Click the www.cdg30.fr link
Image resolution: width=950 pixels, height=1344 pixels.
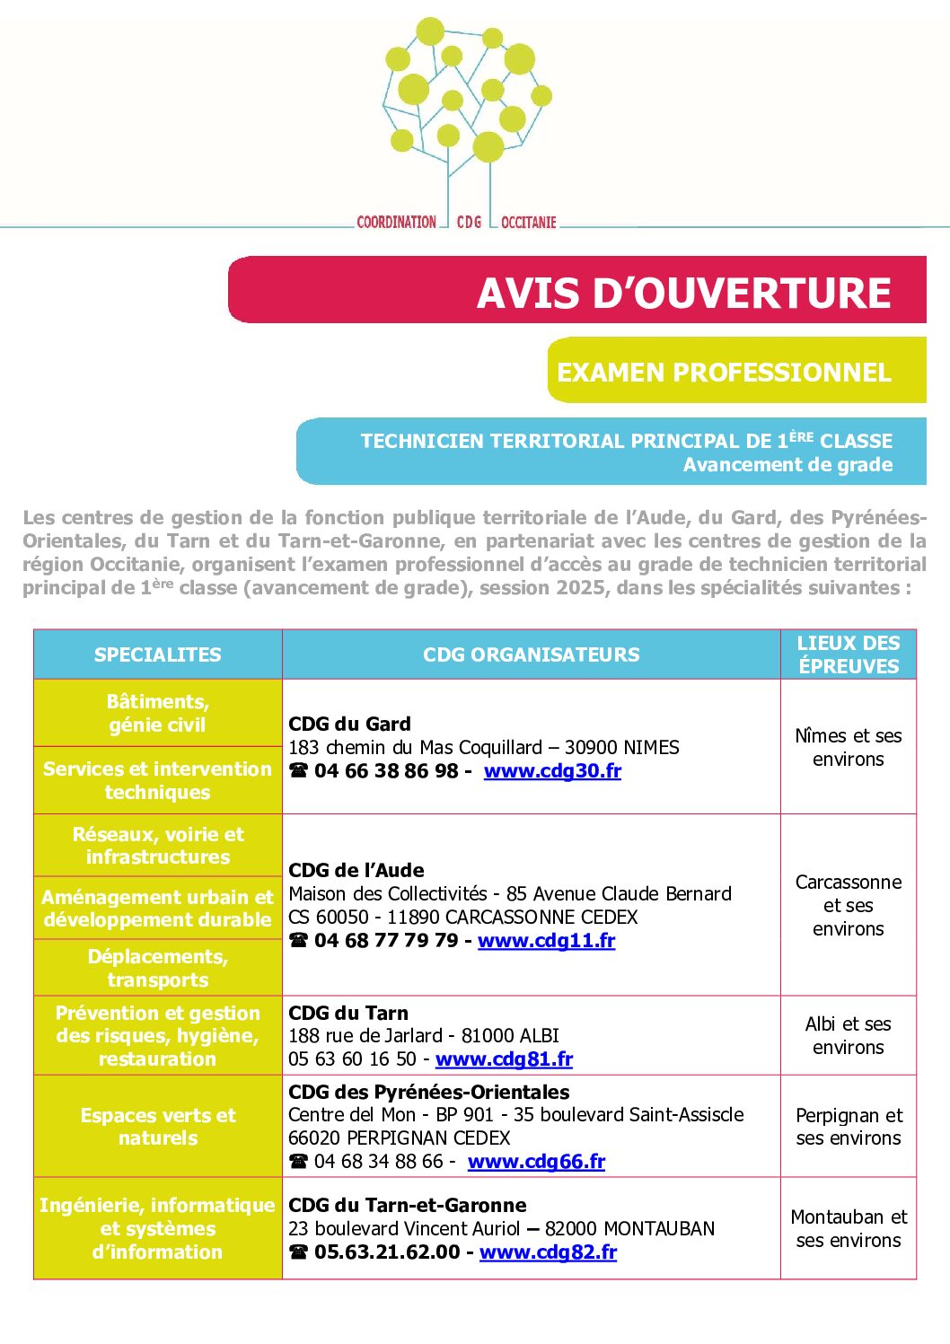click(x=552, y=771)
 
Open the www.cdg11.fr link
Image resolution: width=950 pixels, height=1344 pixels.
click(x=546, y=941)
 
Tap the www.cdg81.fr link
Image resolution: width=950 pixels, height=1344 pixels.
click(x=504, y=1059)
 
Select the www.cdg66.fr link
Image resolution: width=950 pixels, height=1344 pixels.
click(x=536, y=1162)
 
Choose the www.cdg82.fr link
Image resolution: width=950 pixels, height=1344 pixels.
click(x=548, y=1252)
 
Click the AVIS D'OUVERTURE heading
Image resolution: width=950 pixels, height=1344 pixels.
click(x=683, y=293)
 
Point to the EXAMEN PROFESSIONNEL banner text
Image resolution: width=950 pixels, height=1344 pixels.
click(x=724, y=373)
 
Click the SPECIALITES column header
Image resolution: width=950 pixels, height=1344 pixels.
click(x=158, y=655)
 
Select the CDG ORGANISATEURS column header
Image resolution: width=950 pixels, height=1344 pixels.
click(x=532, y=655)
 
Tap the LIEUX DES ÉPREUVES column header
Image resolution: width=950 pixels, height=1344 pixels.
click(x=849, y=654)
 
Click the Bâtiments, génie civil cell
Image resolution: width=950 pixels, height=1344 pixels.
click(x=158, y=713)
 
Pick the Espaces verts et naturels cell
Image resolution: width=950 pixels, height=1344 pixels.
click(x=158, y=1127)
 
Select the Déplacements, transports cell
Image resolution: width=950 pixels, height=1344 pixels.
click(x=158, y=968)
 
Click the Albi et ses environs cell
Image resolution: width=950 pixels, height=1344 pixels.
click(x=849, y=1036)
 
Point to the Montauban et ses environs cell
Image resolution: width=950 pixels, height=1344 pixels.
click(x=849, y=1229)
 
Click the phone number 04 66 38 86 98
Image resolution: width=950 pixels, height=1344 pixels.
click(x=386, y=771)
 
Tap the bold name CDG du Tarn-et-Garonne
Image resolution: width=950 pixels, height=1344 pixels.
click(x=407, y=1206)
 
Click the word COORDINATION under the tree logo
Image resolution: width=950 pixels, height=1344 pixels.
click(x=396, y=222)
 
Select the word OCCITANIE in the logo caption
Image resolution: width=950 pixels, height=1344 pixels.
click(x=529, y=222)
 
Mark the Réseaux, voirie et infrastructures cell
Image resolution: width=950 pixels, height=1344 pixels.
click(x=158, y=846)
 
